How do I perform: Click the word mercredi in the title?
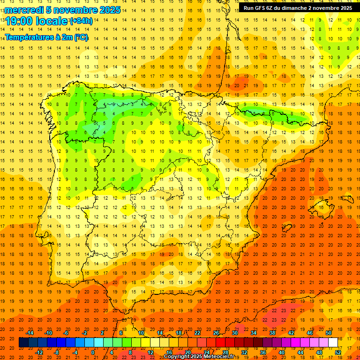[24, 10]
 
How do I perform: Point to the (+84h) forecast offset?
[81, 21]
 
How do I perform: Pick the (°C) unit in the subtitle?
[80, 37]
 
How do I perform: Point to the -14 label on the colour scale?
[30, 333]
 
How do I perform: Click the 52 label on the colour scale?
[338, 352]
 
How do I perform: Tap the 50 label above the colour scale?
[329, 333]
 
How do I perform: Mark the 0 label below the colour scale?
[93, 352]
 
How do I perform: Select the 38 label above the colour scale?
[272, 333]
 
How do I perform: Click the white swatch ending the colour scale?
[333, 343]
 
